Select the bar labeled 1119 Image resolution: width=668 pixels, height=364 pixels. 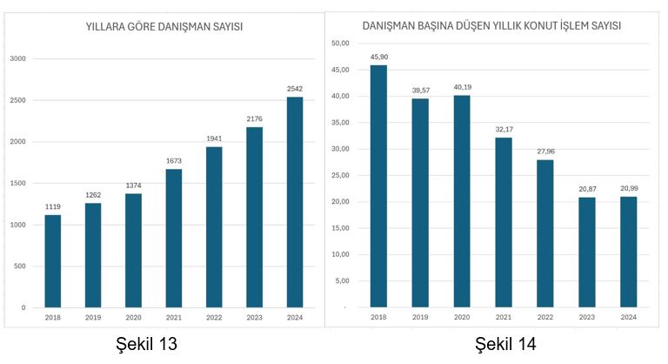(52, 261)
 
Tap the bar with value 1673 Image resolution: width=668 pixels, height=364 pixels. (174, 238)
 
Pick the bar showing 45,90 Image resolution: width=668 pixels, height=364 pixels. (378, 186)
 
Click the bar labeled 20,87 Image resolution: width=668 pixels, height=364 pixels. (587, 253)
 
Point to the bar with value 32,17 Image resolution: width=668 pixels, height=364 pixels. (504, 222)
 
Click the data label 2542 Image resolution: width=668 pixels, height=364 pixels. (295, 89)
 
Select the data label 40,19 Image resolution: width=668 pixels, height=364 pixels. (462, 86)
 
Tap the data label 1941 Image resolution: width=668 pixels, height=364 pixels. (214, 138)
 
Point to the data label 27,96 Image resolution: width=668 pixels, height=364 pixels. (545, 151)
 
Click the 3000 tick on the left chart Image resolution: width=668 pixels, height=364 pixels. (18, 59)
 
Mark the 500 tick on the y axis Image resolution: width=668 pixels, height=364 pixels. (20, 266)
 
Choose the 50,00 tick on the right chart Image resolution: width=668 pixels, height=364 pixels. (340, 43)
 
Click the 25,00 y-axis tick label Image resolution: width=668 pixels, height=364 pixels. (340, 175)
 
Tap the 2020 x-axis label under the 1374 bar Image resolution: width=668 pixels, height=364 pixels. (133, 318)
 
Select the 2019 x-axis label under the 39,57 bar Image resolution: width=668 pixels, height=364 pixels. (420, 317)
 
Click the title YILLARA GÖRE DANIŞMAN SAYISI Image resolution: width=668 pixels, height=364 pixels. (164, 27)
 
